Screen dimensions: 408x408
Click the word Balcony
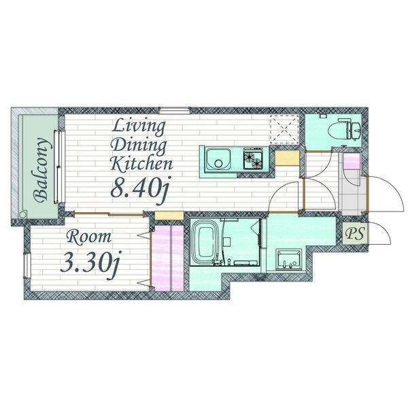click(x=41, y=170)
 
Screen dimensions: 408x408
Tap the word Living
click(x=139, y=127)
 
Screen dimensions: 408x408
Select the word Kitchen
click(x=141, y=163)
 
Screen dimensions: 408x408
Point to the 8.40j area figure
click(x=140, y=188)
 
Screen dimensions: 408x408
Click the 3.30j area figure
click(x=90, y=264)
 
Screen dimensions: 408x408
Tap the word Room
click(x=88, y=237)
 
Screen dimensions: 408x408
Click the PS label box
click(x=355, y=233)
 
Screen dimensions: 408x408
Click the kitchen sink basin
click(x=218, y=160)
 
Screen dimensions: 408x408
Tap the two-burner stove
click(x=253, y=158)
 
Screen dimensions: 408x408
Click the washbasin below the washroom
click(x=289, y=260)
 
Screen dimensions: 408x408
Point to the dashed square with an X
click(x=284, y=129)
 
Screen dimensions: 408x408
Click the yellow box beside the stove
click(x=287, y=158)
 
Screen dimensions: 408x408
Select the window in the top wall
click(x=175, y=110)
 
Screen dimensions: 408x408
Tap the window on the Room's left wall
click(x=27, y=266)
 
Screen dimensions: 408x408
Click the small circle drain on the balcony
click(x=23, y=215)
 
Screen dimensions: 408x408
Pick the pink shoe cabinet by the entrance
click(x=352, y=161)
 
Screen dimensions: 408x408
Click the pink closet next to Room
click(x=167, y=258)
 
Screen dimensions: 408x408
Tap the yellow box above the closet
click(x=169, y=215)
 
